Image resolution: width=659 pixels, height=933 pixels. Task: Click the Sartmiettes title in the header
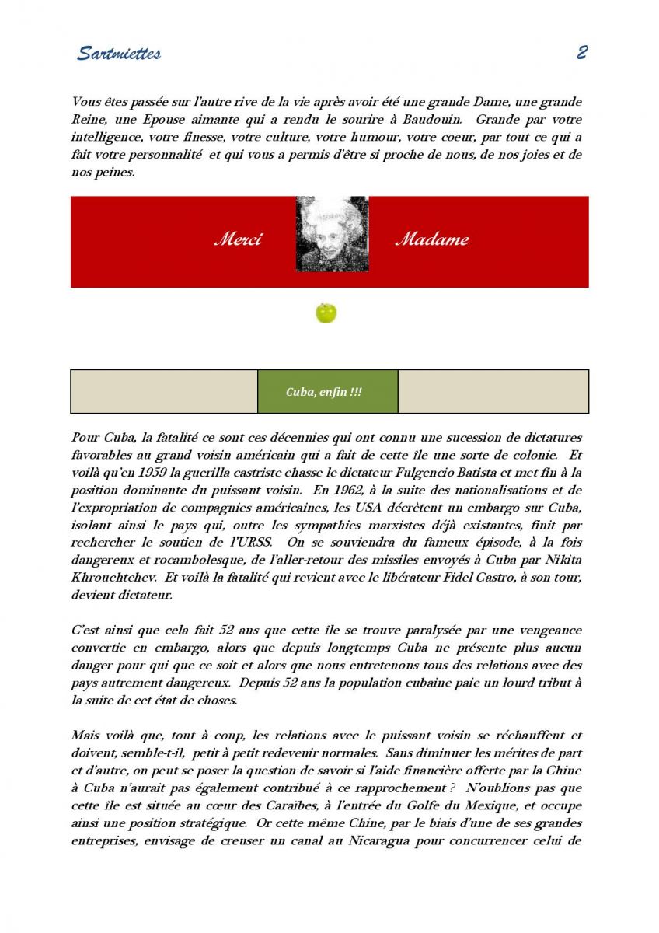click(x=118, y=54)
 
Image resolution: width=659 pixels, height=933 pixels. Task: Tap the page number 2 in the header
click(x=581, y=53)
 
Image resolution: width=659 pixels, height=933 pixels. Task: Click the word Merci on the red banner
click(x=238, y=239)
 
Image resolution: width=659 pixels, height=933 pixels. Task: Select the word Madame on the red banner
click(x=432, y=239)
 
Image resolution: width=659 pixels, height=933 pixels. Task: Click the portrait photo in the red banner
click(x=332, y=234)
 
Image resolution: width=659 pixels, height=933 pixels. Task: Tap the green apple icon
click(x=326, y=313)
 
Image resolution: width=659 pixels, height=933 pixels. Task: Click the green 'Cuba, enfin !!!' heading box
click(x=327, y=392)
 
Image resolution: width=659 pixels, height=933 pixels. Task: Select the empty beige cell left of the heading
click(x=164, y=392)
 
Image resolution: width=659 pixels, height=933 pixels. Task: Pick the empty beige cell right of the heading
click(x=493, y=392)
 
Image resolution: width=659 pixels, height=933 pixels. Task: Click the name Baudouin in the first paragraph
click(x=427, y=120)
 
